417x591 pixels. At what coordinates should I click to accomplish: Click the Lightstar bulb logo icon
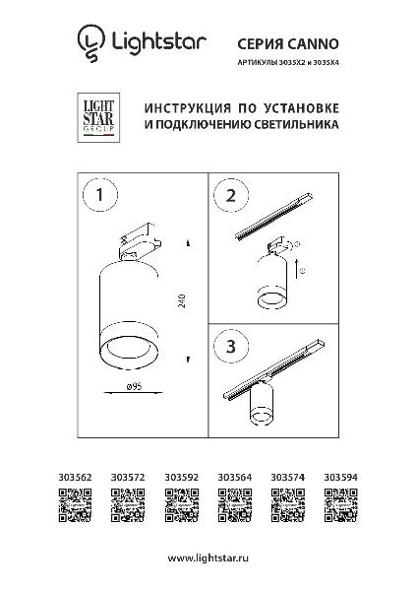[90, 43]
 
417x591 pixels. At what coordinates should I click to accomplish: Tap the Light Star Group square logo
[98, 117]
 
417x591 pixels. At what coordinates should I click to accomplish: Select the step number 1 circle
[99, 195]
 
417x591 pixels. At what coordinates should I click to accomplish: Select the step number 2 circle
[231, 196]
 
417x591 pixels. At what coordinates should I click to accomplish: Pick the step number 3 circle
[231, 346]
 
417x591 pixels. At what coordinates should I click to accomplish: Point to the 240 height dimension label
[182, 300]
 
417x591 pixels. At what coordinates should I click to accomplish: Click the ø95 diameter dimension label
[135, 386]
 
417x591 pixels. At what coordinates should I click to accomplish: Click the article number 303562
[75, 477]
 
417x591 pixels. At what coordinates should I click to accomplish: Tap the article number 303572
[128, 477]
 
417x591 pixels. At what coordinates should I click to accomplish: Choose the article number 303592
[181, 477]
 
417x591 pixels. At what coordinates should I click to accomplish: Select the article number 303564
[235, 477]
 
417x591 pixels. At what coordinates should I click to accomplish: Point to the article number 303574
[288, 477]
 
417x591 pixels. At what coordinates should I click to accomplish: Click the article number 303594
[341, 477]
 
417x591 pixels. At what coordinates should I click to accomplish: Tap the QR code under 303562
[75, 505]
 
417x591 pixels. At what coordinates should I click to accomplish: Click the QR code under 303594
[341, 505]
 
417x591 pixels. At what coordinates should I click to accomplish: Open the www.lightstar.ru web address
[208, 558]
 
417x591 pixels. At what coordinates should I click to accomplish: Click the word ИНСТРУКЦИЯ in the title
[188, 108]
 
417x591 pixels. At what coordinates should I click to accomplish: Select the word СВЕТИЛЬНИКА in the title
[295, 124]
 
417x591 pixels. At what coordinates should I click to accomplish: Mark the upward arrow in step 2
[296, 269]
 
